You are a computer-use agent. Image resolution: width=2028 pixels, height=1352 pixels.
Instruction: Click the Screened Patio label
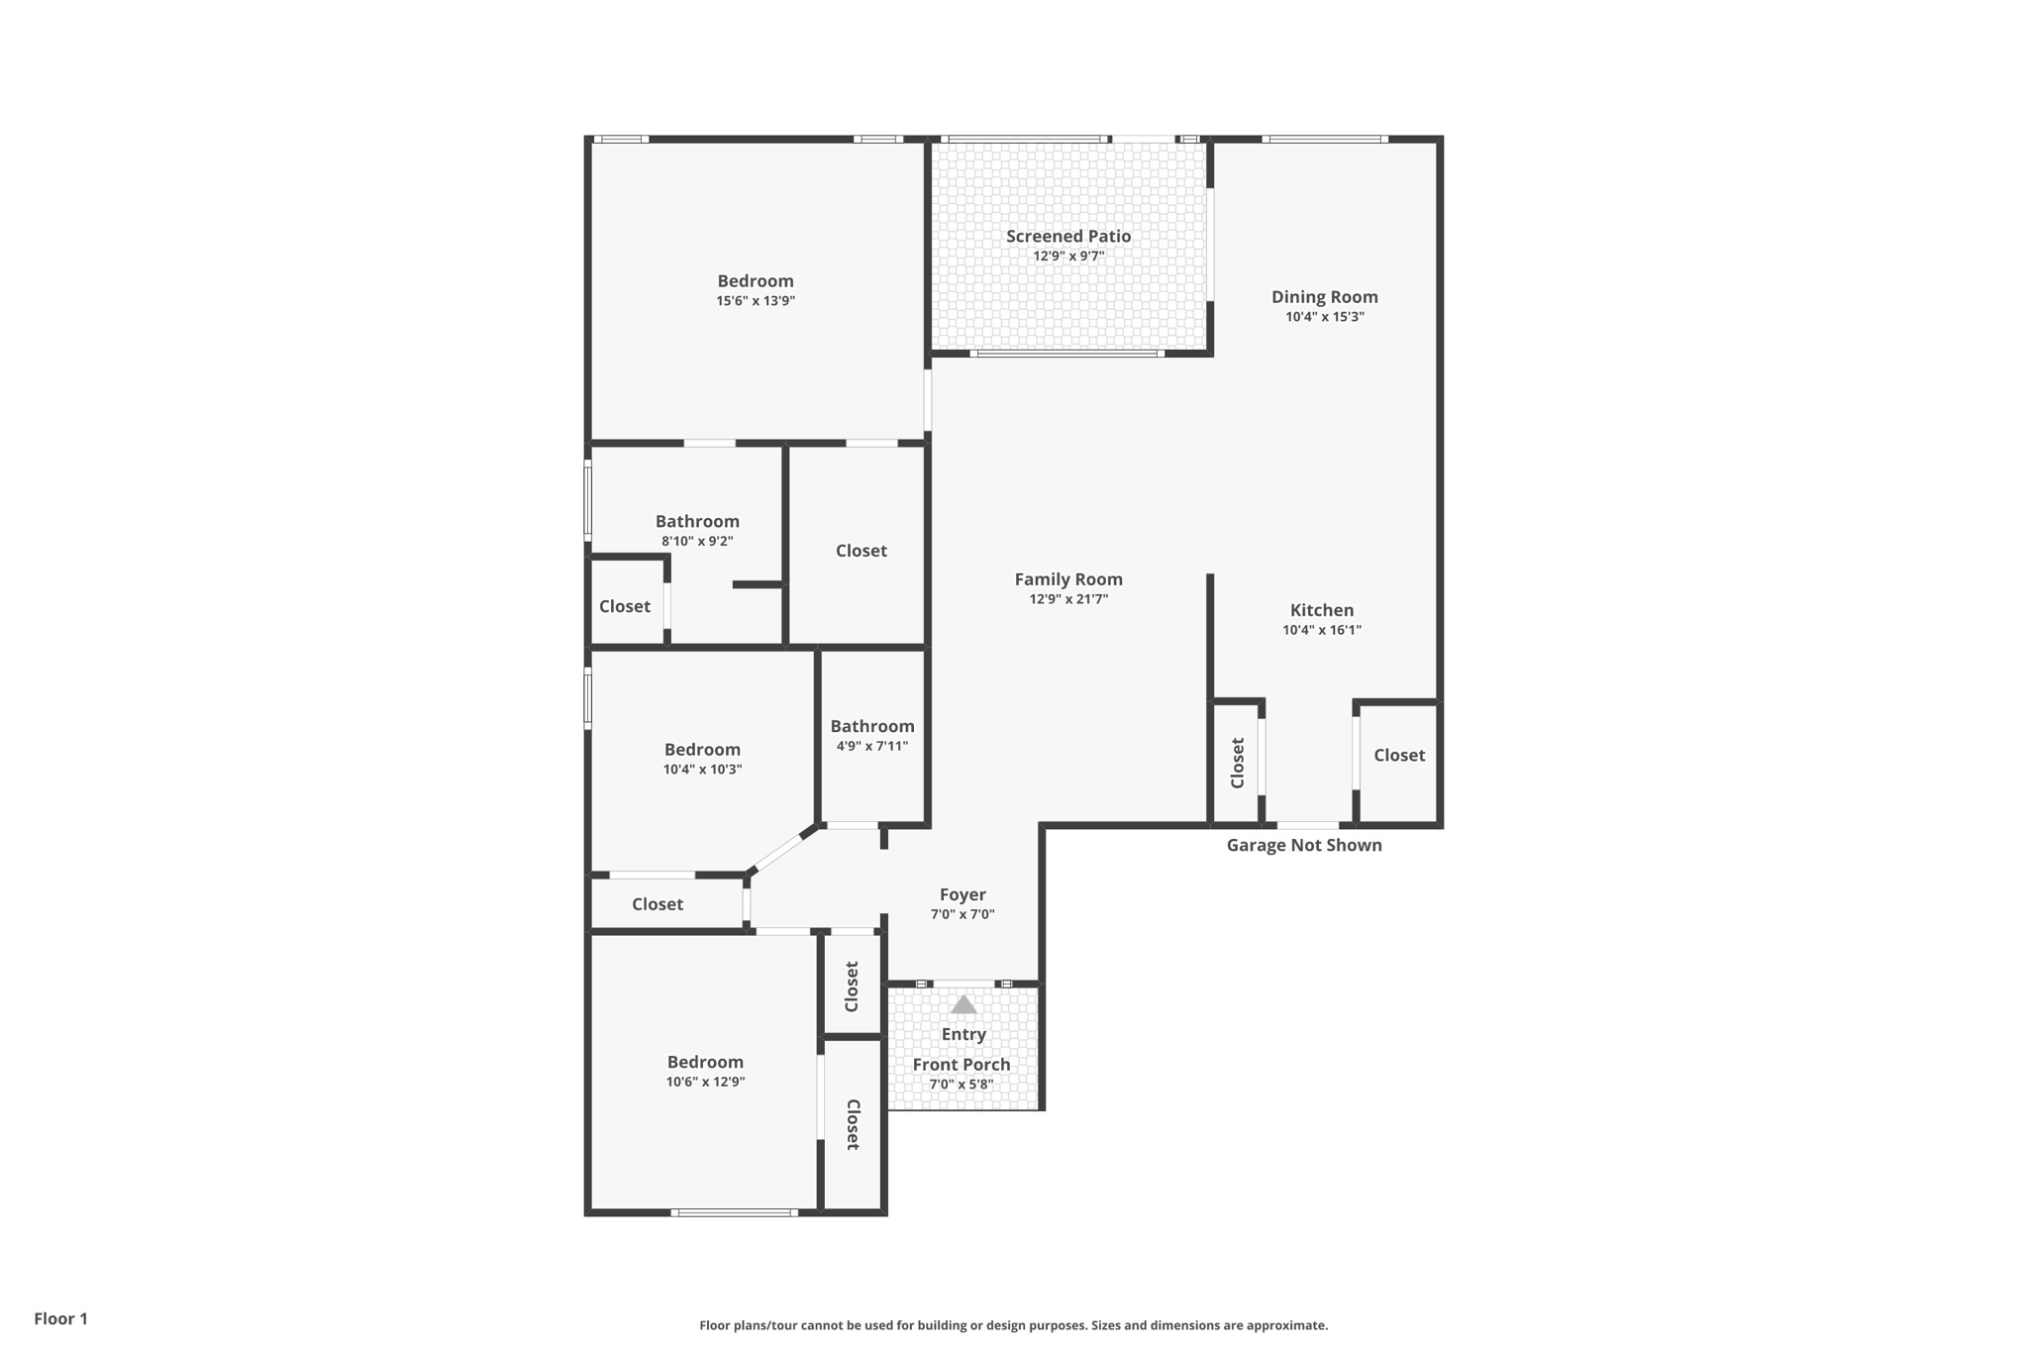(1067, 236)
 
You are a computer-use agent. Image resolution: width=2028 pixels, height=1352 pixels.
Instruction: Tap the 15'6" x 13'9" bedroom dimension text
(756, 301)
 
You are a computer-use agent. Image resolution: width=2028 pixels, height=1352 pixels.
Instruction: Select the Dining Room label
(1324, 296)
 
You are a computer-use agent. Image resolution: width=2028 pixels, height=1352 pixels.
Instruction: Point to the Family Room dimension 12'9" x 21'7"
(1068, 599)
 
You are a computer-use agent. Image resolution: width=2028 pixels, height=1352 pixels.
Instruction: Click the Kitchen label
(1321, 610)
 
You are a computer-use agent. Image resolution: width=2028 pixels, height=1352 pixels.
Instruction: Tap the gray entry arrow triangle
(963, 1005)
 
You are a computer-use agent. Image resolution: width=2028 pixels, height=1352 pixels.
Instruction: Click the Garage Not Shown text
(1303, 845)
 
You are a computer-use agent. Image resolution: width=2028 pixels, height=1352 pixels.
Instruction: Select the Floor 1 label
(60, 1318)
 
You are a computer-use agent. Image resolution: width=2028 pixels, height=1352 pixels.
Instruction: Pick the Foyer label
(962, 894)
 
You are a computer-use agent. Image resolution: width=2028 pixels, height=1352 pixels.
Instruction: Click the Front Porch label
(961, 1065)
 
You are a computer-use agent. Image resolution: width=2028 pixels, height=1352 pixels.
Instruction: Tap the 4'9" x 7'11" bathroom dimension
(871, 747)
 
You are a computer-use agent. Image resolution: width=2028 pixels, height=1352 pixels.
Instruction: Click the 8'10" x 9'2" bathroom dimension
(697, 542)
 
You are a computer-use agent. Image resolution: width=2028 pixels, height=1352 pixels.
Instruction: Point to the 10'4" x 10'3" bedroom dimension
(702, 770)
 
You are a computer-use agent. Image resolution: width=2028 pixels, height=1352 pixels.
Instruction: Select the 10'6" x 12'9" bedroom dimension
(705, 1082)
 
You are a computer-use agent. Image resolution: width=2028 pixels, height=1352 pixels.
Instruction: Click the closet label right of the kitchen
(1398, 755)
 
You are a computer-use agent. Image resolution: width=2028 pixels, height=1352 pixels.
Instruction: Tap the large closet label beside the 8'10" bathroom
(861, 551)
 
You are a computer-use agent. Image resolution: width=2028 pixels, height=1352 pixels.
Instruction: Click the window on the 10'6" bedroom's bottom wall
(734, 1212)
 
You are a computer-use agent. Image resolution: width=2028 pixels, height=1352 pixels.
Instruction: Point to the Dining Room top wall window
(1325, 140)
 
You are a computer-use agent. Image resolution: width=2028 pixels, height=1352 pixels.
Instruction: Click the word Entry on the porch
(963, 1034)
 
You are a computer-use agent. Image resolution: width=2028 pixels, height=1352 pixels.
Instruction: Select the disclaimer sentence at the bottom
(1013, 1325)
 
